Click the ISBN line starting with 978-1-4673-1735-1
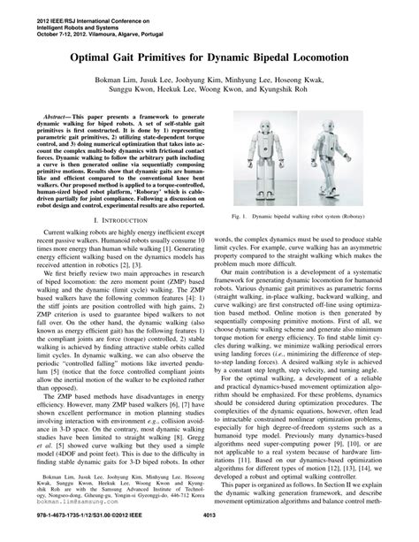[x=68, y=533]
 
